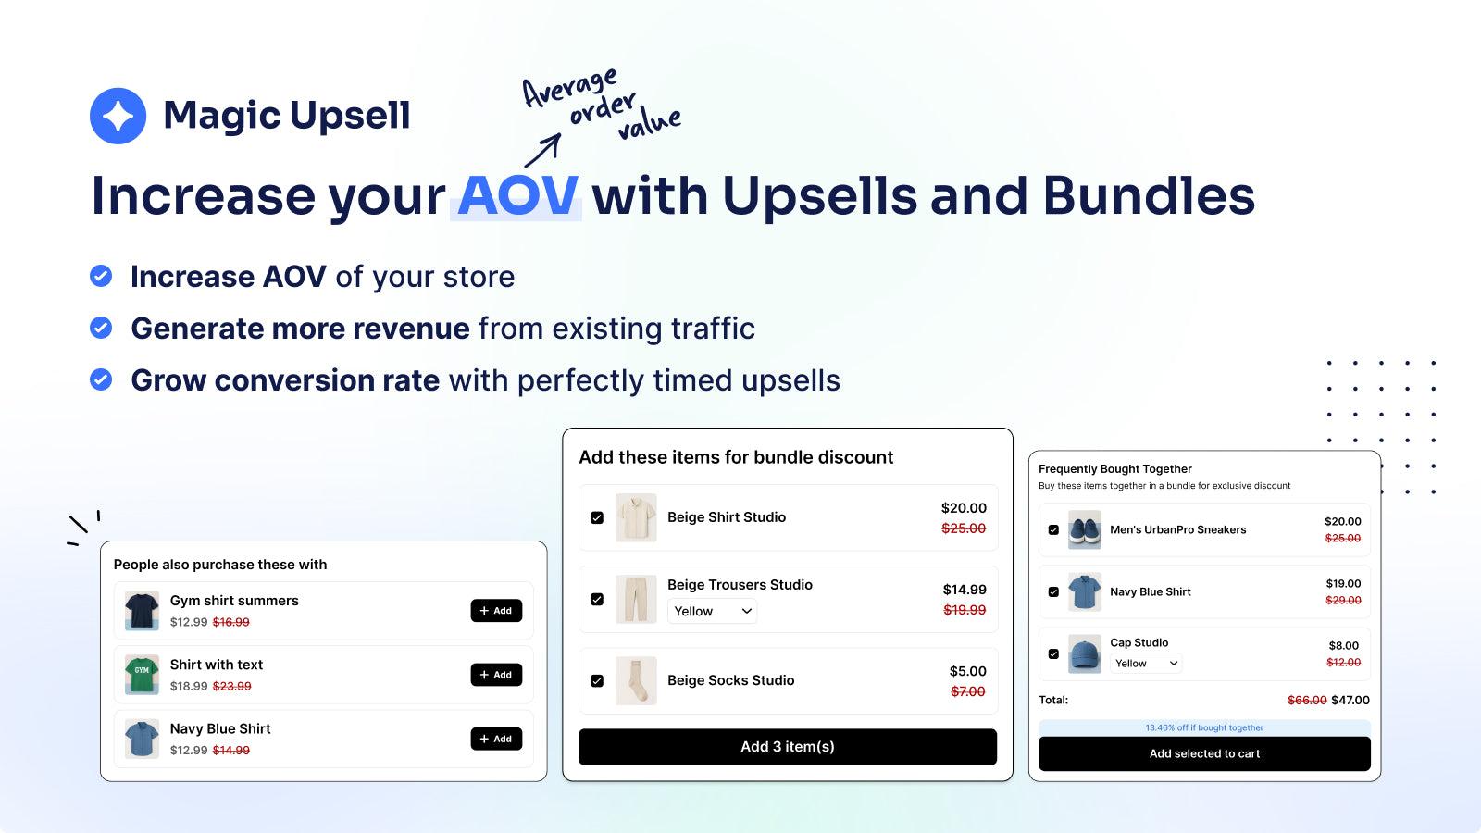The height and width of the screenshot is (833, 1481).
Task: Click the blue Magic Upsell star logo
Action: (118, 116)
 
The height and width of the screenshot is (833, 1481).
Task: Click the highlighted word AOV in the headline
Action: (517, 196)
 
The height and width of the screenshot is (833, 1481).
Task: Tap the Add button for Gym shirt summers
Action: (496, 611)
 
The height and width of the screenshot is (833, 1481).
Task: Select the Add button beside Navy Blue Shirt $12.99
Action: (496, 739)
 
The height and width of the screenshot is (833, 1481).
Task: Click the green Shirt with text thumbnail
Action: (142, 675)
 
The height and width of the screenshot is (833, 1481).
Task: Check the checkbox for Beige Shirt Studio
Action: (597, 517)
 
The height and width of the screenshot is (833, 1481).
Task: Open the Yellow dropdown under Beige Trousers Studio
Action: (712, 611)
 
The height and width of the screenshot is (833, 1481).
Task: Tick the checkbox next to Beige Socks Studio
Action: (597, 680)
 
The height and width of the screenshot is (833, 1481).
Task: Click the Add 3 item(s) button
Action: (787, 747)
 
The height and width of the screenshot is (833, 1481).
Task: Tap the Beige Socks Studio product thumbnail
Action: (636, 680)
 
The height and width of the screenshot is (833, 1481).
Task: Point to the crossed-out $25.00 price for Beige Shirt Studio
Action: (964, 528)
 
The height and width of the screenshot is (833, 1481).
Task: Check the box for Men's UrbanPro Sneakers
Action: (1053, 530)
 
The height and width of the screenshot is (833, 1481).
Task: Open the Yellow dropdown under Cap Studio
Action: (1146, 664)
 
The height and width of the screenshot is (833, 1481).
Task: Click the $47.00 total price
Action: (1350, 701)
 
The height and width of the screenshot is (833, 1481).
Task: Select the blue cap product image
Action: (1085, 653)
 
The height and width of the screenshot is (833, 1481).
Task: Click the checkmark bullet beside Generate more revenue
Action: (101, 328)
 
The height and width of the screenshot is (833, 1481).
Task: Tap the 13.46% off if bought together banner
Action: (1204, 727)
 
